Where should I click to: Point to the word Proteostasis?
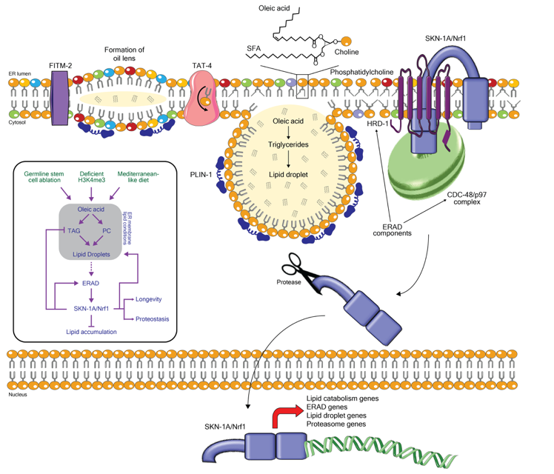click(153, 319)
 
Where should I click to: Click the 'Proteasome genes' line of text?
click(337, 424)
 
